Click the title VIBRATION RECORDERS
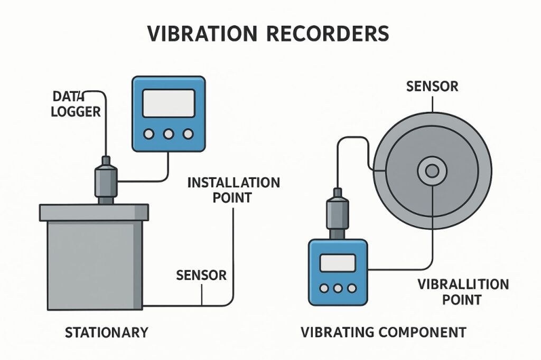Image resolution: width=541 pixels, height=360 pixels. pos(268,33)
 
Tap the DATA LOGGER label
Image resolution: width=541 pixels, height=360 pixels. pos(77,104)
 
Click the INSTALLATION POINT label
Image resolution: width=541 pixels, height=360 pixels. pos(234,190)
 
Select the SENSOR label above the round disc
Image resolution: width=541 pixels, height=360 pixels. pos(432,86)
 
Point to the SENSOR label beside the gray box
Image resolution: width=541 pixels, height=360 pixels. pos(201,275)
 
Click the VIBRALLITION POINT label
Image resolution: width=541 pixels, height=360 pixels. pos(463,292)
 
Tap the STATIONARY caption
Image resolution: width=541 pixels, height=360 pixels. pos(106,333)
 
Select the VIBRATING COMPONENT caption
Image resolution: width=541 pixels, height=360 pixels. pos(384,333)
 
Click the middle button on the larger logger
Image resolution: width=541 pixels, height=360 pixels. pos(169,134)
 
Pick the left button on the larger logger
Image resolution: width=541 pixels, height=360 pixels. pos(150,134)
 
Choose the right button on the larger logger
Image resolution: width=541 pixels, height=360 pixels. pos(188,134)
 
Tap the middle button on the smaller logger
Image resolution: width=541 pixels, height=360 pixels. pos(337,288)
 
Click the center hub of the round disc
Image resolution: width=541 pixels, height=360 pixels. pos(432,170)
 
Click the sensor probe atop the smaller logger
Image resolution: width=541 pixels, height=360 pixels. pos(338,211)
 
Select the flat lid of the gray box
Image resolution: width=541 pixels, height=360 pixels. pos(94,213)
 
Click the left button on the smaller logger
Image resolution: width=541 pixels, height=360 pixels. pos(323,288)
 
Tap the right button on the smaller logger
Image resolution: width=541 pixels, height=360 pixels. pos(351,288)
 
